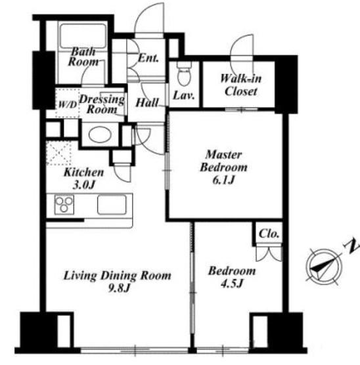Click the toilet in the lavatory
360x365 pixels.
pos(184,73)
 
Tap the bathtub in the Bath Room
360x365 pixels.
pos(83,35)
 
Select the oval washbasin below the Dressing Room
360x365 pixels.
pos(99,135)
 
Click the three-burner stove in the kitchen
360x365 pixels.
pos(64,204)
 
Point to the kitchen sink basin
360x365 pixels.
pos(112,204)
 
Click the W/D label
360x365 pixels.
pos(68,105)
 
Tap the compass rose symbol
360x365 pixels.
pos(324,267)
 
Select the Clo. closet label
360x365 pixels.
pos(269,233)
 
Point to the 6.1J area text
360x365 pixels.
pos(223,180)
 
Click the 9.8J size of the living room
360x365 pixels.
pos(118,288)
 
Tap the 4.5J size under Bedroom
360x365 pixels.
pos(232,284)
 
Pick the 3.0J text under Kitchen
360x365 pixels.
pos(83,185)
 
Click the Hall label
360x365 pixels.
pos(147,102)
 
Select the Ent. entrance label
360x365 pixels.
pos(148,58)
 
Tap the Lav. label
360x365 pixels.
pos(184,95)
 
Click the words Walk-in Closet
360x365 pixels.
pos(240,85)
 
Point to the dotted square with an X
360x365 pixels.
pos(58,153)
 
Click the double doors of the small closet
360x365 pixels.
pos(269,254)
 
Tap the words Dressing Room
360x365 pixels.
pos(102,104)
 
